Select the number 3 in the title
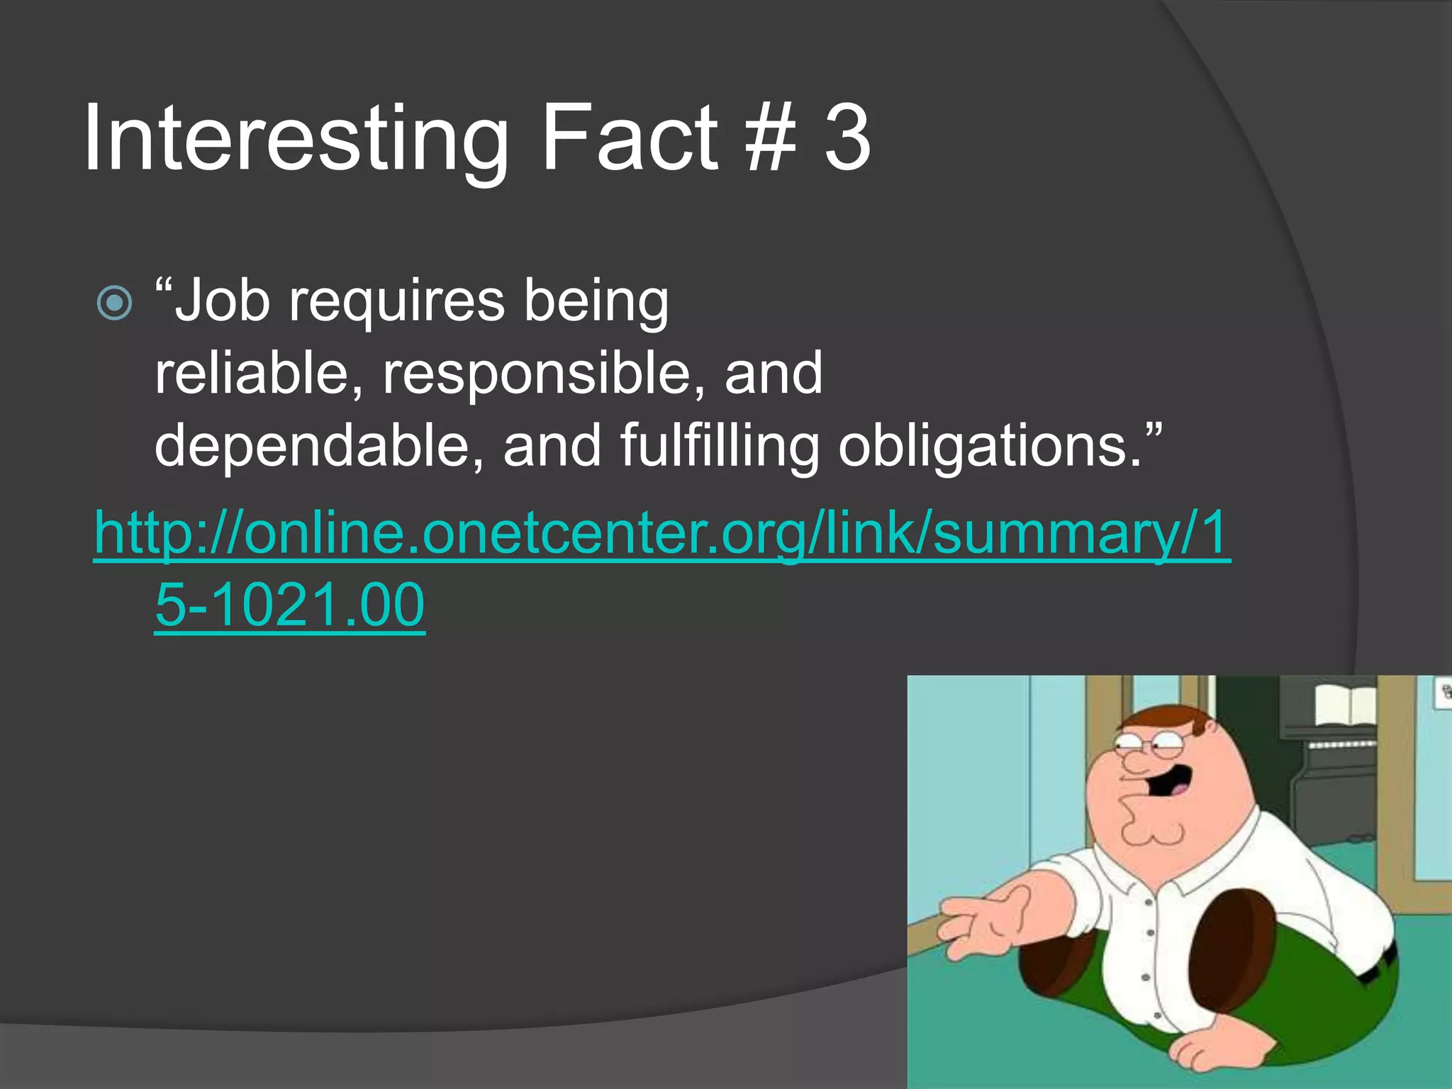click(x=847, y=138)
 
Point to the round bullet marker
click(x=114, y=303)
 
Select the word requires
click(x=397, y=302)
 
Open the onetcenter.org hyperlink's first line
click(x=662, y=533)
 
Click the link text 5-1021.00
click(x=289, y=605)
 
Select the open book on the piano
click(x=1346, y=705)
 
